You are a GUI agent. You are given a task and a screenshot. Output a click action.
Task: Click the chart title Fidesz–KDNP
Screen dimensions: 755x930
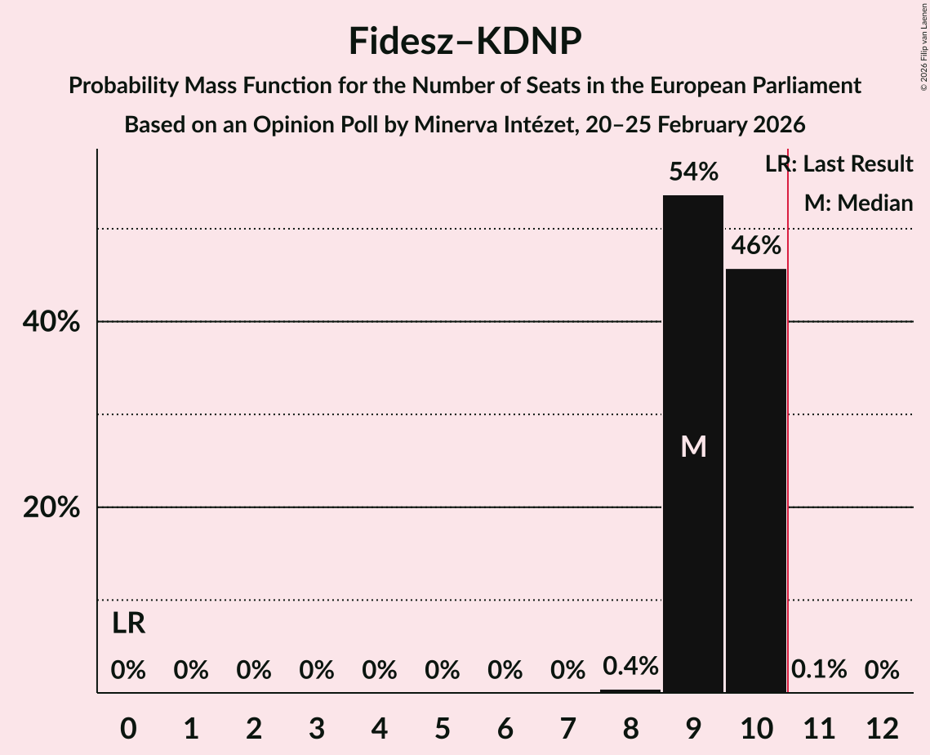[x=465, y=41]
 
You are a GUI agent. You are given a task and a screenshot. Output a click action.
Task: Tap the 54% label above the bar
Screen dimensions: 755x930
[x=693, y=172]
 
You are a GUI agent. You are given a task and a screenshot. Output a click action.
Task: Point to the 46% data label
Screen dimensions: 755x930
[x=756, y=246]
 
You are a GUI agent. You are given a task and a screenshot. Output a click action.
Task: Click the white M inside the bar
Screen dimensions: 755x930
[x=693, y=446]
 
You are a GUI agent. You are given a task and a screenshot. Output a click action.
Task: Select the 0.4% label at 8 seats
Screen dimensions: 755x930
[x=630, y=667]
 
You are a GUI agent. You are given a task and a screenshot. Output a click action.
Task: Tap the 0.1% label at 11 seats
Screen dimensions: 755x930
[x=819, y=670]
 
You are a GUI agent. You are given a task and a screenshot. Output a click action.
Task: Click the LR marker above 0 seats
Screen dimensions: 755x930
[x=128, y=623]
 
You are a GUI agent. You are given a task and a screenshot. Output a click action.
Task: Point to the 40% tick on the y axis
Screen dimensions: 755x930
[x=51, y=323]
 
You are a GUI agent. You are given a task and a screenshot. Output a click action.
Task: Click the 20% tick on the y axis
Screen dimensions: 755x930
[x=51, y=508]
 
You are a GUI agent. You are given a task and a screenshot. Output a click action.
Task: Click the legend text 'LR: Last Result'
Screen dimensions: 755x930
[x=839, y=164]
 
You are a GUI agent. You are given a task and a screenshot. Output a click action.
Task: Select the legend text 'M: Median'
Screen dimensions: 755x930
[x=858, y=203]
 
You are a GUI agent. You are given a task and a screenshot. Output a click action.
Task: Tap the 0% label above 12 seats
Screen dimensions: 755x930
[x=882, y=670]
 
